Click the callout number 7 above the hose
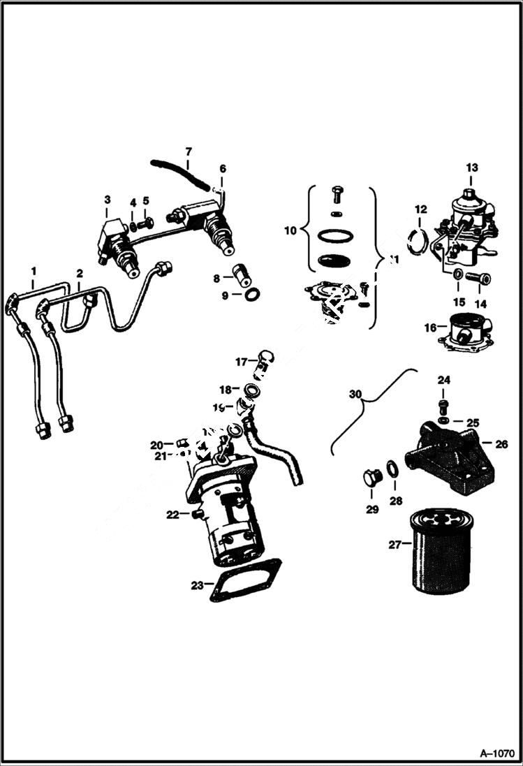[x=187, y=152]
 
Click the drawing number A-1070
[x=496, y=753]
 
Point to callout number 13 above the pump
[x=472, y=168]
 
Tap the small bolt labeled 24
[x=443, y=406]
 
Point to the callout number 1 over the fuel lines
[x=33, y=269]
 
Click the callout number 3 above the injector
[x=108, y=200]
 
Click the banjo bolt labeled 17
[x=264, y=359]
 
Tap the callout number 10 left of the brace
[x=290, y=228]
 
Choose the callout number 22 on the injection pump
[x=172, y=515]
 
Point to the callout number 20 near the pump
[x=156, y=445]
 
